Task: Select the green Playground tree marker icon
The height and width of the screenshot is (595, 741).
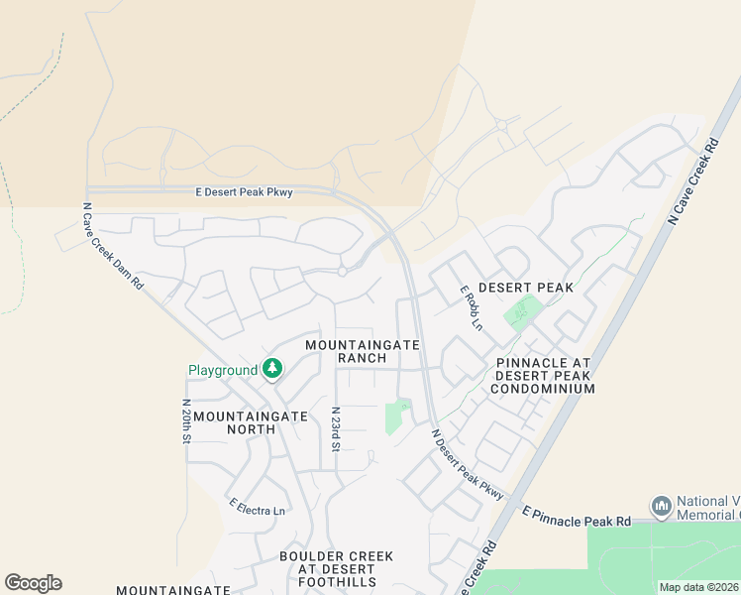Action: click(271, 370)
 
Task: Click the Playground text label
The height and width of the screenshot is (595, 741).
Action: click(223, 371)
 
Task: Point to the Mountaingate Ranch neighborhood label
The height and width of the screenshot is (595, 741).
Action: click(363, 351)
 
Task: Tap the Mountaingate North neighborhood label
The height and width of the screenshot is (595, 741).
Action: click(251, 416)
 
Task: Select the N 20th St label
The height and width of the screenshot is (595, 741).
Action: click(186, 422)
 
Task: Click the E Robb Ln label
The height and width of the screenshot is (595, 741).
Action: click(471, 308)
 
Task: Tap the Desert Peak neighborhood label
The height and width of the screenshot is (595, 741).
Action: click(526, 288)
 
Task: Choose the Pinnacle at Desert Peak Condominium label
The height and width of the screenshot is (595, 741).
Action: click(544, 376)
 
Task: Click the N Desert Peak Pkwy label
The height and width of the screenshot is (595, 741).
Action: click(468, 464)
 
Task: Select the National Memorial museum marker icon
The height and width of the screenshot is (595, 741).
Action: click(662, 506)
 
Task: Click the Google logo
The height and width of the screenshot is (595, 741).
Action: click(33, 583)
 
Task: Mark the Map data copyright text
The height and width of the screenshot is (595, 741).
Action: click(697, 587)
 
